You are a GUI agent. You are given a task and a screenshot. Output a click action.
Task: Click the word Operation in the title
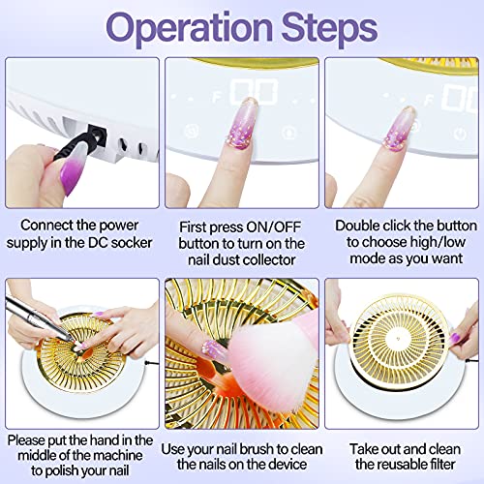coord(190,28)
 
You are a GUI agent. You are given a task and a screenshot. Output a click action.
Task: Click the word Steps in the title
coord(329,28)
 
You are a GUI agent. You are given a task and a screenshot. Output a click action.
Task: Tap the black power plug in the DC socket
coord(81,142)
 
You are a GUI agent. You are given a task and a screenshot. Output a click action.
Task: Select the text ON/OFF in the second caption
coord(273,227)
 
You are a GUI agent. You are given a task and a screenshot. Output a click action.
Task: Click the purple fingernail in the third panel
coord(399,129)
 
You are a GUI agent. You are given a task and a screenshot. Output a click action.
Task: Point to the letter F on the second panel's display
coord(217,97)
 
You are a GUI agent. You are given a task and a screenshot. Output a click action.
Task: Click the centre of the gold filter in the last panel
coord(399,340)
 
